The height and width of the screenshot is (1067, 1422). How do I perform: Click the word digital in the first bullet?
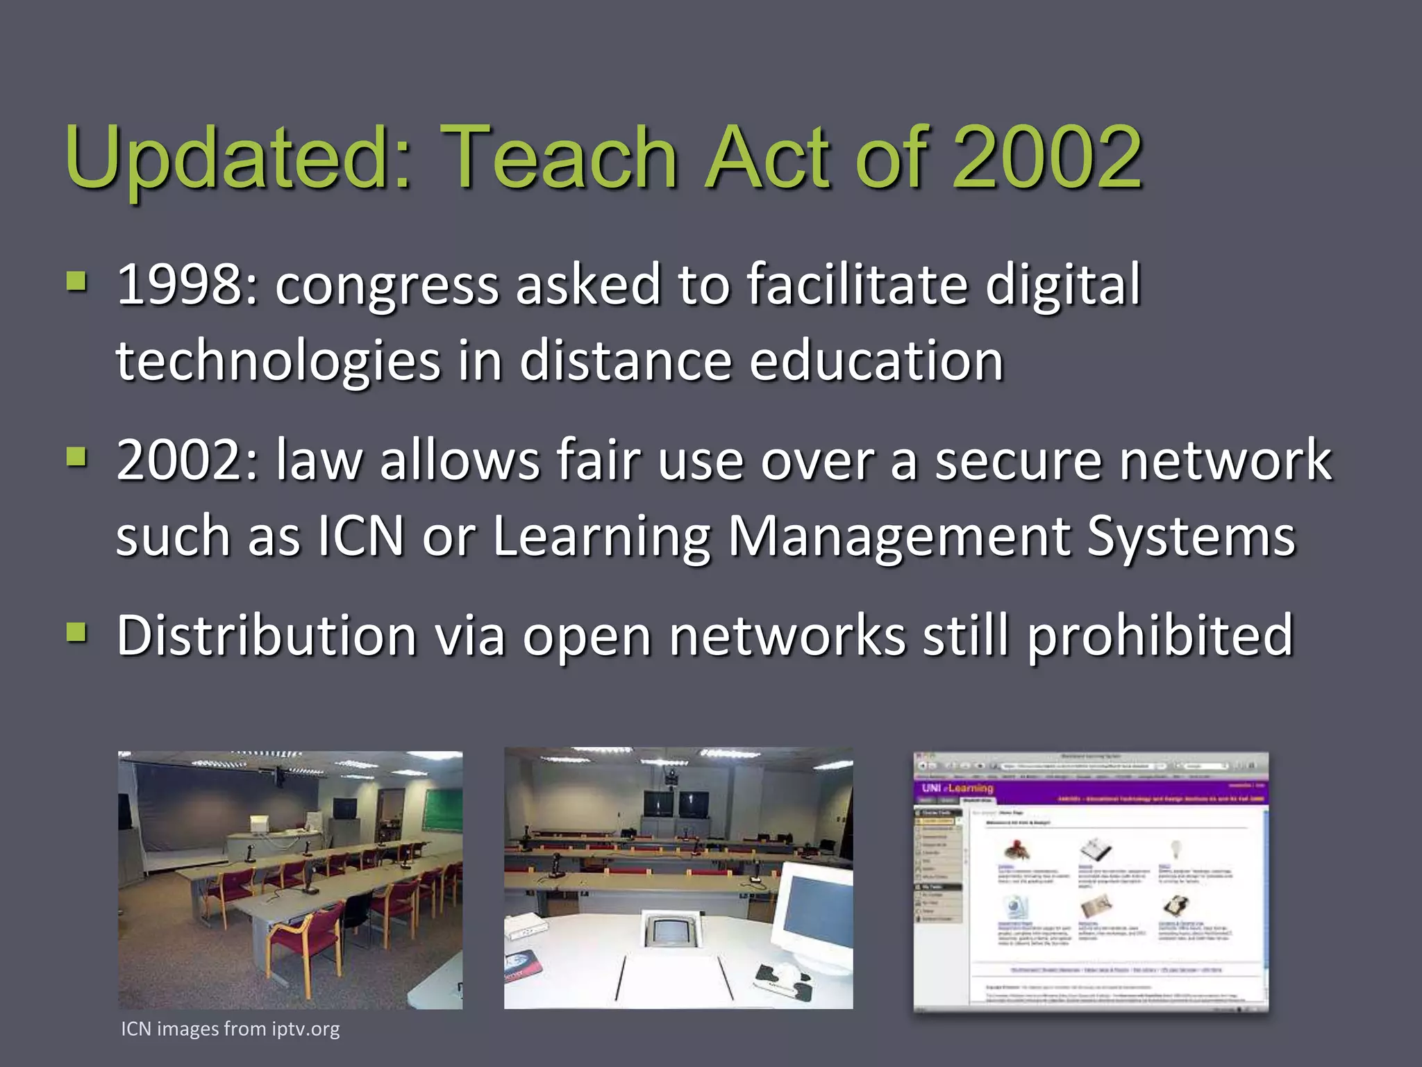[x=1062, y=285]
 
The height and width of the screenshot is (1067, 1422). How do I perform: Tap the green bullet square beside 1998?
[x=76, y=282]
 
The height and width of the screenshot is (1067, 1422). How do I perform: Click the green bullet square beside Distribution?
[x=76, y=632]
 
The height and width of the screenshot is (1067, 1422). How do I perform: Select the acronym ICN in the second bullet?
[x=360, y=536]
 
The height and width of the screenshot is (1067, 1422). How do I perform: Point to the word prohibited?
[x=1160, y=636]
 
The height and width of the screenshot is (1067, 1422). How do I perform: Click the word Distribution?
[x=267, y=635]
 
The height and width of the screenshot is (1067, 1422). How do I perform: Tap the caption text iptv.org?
[x=306, y=1029]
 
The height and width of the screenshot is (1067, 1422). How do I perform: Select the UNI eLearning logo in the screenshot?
[x=957, y=788]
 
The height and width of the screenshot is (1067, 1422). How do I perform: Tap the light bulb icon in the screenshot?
[x=1176, y=848]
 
